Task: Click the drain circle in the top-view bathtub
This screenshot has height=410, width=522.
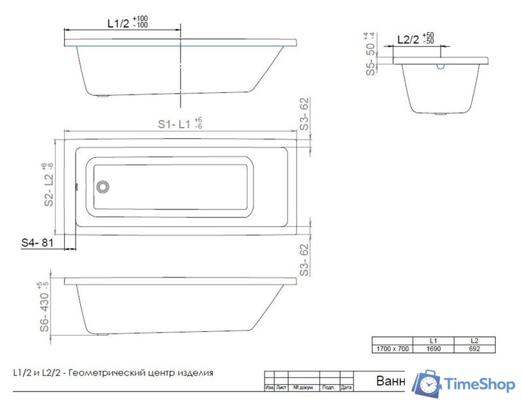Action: (102, 187)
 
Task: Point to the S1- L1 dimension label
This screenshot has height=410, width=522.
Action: (179, 124)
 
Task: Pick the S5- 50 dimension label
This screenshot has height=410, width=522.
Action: (370, 54)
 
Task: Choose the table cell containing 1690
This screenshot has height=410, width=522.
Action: (434, 349)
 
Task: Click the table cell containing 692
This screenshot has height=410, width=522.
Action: (475, 349)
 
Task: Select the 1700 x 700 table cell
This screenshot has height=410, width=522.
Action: (392, 349)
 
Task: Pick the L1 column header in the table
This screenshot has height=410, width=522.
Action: (434, 341)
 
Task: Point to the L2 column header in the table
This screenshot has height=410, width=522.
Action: (475, 341)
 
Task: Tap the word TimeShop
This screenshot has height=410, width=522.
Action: (480, 384)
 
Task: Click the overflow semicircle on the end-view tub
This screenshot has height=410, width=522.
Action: (441, 65)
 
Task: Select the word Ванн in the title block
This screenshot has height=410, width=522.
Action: (389, 381)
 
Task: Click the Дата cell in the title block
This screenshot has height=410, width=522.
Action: (347, 388)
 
